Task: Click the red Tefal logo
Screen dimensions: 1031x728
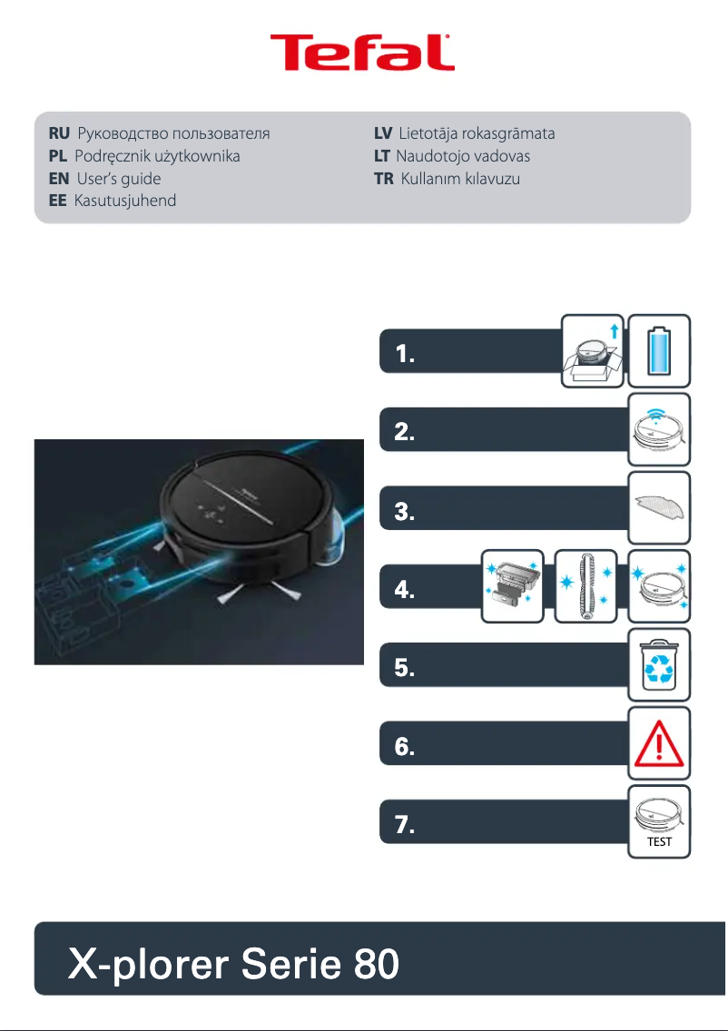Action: pyautogui.click(x=363, y=54)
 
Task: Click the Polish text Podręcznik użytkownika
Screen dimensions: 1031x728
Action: pyautogui.click(x=157, y=157)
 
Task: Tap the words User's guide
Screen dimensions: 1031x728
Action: pyautogui.click(x=118, y=179)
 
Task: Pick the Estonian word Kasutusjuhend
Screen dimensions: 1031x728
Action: pyautogui.click(x=124, y=201)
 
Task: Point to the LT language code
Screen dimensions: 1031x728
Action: pyautogui.click(x=382, y=157)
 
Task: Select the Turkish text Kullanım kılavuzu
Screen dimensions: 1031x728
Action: pyautogui.click(x=460, y=179)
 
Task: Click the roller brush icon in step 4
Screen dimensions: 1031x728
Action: pyautogui.click(x=585, y=586)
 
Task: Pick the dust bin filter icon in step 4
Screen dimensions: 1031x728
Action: pyautogui.click(x=511, y=586)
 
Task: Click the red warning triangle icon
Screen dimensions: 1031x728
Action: pyautogui.click(x=660, y=743)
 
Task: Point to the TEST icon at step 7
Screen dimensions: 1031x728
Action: pyautogui.click(x=660, y=822)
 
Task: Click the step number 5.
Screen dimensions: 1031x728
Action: pyautogui.click(x=405, y=671)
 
